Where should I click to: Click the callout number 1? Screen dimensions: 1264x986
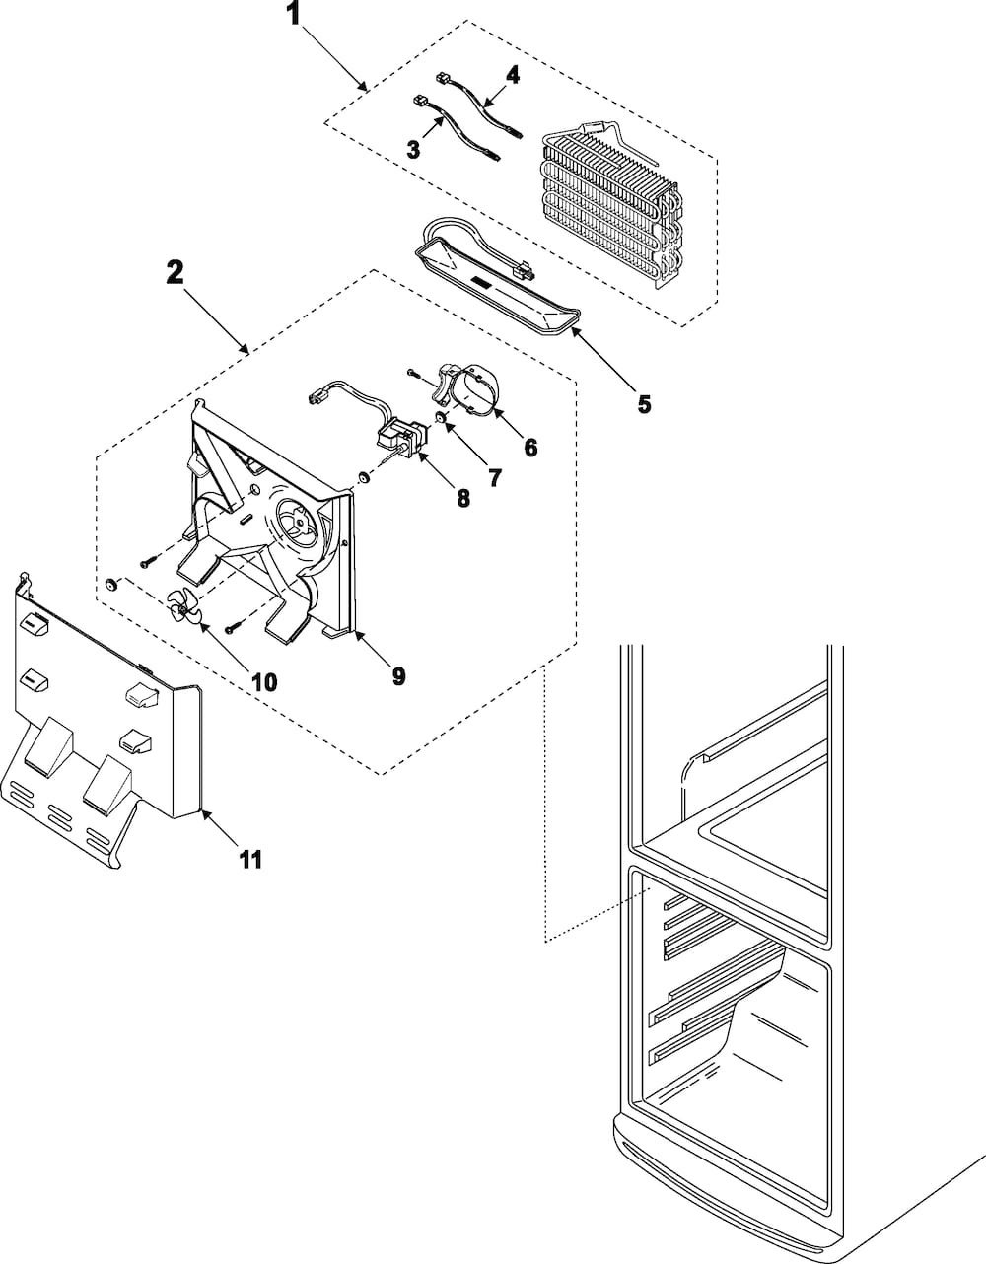coord(293,13)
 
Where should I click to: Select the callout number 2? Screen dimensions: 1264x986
coord(175,273)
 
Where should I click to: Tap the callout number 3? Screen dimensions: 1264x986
coord(413,149)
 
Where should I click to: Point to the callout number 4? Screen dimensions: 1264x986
coord(512,74)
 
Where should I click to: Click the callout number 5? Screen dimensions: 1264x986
coord(644,403)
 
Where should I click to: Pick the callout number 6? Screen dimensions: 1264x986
coord(530,448)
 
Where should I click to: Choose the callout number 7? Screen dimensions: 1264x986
coord(494,479)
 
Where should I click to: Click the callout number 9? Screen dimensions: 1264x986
coord(398,675)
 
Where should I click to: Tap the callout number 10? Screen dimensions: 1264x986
coord(263,681)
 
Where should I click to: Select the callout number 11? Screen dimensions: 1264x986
coord(250,860)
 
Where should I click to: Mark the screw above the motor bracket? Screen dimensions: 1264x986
coord(413,373)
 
